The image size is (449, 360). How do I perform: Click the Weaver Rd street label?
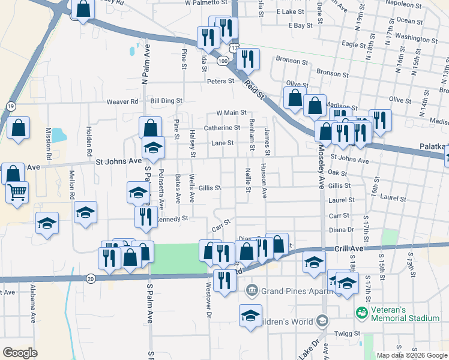click(x=122, y=101)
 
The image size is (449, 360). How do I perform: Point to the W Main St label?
click(x=232, y=112)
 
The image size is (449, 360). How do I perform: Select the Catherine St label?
click(x=221, y=128)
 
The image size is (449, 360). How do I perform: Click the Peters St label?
click(x=220, y=81)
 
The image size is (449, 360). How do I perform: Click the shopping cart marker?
click(x=17, y=192)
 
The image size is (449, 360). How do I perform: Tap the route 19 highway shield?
click(x=11, y=106)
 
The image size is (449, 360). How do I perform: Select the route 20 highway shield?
click(x=91, y=278)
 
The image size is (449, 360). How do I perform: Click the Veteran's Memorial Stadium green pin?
click(x=361, y=313)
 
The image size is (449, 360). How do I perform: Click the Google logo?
click(x=20, y=353)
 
